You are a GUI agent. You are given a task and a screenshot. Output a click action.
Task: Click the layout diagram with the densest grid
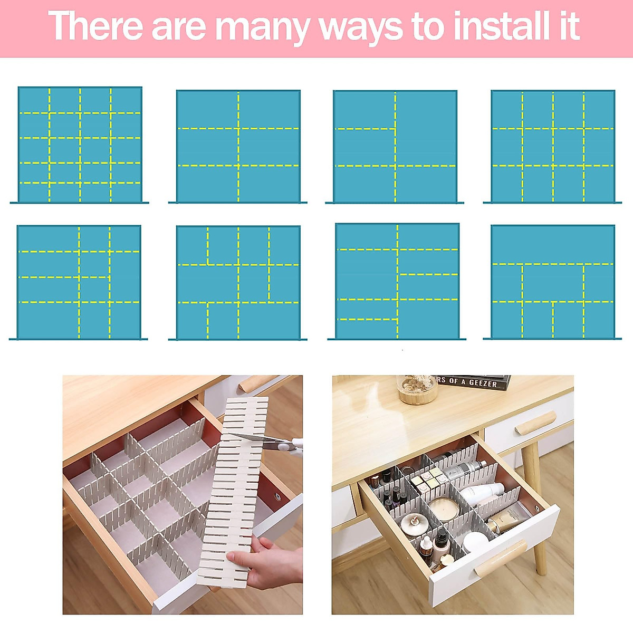[x=80, y=145]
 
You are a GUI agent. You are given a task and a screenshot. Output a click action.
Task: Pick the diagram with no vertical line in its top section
[x=552, y=282]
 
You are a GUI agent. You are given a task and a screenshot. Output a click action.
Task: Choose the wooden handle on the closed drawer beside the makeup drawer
[x=535, y=423]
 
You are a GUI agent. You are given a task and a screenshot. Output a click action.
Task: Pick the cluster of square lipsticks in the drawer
[x=427, y=480]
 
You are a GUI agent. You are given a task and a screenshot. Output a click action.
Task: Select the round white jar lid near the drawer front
[x=474, y=541]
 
